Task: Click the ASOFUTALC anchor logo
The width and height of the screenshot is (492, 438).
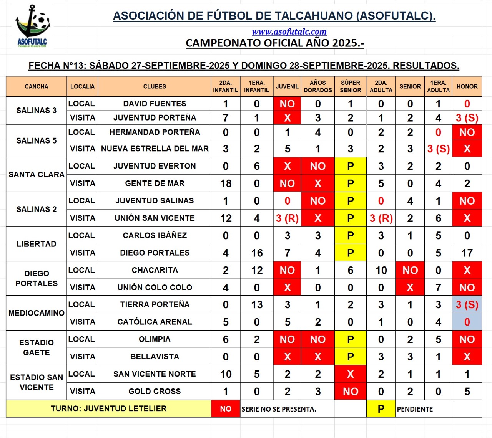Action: [x=32, y=26]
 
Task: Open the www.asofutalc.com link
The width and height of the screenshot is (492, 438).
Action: [x=289, y=32]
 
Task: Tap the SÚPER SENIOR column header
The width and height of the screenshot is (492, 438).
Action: [x=350, y=86]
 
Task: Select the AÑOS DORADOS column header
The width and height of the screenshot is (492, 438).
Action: [x=317, y=86]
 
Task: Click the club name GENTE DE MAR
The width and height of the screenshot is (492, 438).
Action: [x=155, y=183]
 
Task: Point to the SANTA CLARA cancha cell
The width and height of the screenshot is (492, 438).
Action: [x=37, y=175]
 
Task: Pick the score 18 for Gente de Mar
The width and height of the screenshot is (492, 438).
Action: [x=226, y=183]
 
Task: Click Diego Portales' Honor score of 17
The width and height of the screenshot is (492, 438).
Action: [x=467, y=253]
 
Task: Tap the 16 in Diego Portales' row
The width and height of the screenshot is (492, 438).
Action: [x=257, y=253]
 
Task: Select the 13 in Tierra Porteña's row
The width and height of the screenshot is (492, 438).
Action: [x=257, y=305]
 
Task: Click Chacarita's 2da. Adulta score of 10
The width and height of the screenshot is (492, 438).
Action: [x=381, y=270]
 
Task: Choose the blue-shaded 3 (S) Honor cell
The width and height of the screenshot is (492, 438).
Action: [x=467, y=305]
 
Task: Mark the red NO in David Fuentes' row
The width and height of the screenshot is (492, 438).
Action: [x=287, y=104]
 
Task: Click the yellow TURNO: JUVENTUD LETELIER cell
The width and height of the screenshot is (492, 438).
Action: [x=108, y=408]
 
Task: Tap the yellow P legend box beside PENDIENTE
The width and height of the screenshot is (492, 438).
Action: [x=381, y=409]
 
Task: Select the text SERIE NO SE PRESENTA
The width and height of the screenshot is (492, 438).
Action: [x=279, y=409]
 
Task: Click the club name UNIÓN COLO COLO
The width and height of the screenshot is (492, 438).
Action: [x=155, y=288]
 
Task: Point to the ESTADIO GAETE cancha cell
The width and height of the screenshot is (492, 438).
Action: [x=37, y=348]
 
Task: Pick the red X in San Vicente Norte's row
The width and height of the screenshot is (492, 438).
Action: [x=350, y=374]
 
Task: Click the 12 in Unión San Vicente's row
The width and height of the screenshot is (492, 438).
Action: [x=226, y=218]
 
